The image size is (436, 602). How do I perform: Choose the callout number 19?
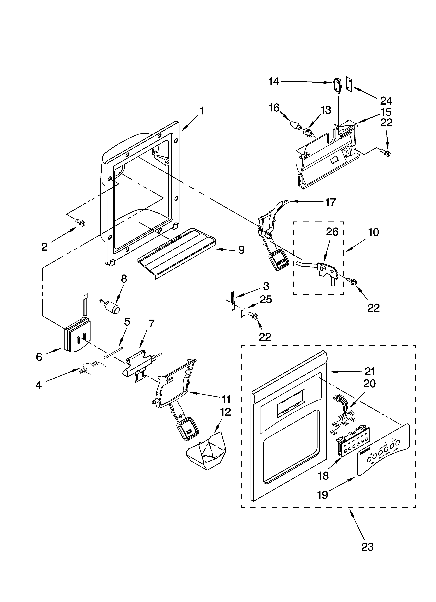click(x=323, y=494)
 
